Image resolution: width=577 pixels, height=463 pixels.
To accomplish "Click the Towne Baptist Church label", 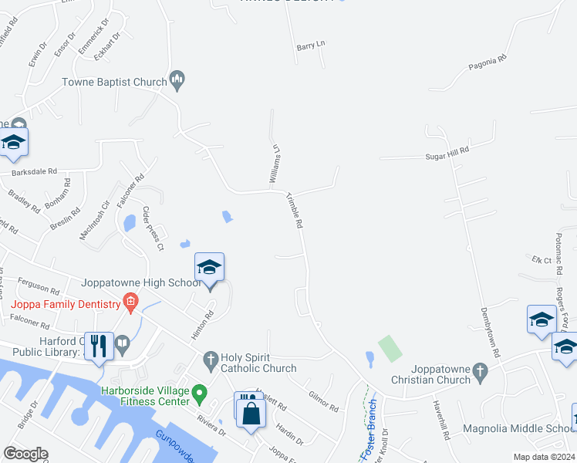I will point(115,82).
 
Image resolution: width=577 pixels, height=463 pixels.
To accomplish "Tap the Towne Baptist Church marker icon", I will point(177,79).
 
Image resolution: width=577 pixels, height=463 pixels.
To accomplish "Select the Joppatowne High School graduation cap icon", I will point(209,267).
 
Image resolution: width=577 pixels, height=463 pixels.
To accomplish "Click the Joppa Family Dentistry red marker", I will point(131,301).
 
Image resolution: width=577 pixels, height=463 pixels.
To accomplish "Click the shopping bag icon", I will point(251,412).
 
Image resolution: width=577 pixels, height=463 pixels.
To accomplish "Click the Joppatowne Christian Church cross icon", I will point(480,371).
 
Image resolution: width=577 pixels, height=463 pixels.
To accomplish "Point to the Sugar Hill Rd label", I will point(447,151).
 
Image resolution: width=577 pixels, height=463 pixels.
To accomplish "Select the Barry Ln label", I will point(311,46).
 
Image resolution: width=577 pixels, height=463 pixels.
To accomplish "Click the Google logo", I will point(25,454).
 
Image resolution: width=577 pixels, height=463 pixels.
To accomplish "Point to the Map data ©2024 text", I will point(544,457).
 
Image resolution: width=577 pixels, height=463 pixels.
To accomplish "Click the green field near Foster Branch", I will point(390,349).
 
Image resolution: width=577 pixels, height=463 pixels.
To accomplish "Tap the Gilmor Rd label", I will point(322,401).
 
